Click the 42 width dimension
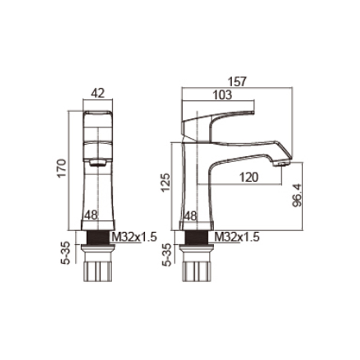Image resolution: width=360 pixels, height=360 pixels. tap(98, 93)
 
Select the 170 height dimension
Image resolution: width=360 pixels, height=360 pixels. tap(62, 168)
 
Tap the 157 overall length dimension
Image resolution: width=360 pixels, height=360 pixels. tap(237, 82)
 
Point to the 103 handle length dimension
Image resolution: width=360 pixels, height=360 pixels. tap(222, 95)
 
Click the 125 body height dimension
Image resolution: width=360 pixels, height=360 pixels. tap(166, 182)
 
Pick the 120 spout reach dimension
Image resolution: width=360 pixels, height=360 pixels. tap(248, 177)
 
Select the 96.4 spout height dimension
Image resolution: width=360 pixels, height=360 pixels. tap(298, 195)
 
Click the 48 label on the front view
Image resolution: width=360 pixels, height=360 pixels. tap(91, 215)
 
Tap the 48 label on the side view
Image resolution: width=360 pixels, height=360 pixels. tap(191, 216)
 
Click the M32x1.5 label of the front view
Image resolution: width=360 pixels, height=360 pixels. tap(134, 237)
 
